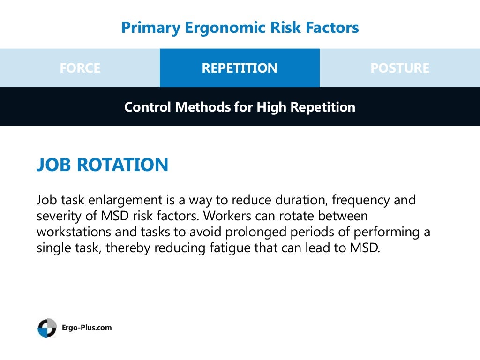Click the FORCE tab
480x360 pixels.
tap(80, 68)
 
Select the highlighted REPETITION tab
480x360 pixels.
tap(240, 68)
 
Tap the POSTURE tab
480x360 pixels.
tap(399, 68)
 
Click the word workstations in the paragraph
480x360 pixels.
tap(77, 232)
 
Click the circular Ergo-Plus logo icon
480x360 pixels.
tap(47, 328)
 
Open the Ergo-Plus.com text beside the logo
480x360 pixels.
tap(87, 328)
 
